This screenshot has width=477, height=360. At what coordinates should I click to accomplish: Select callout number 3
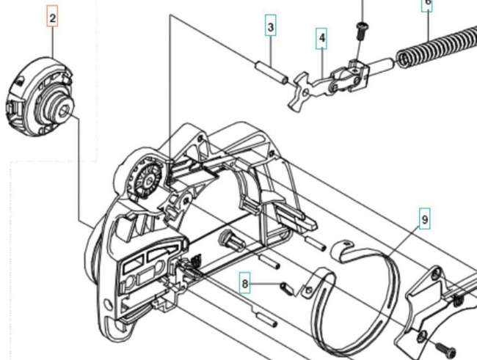[271, 29]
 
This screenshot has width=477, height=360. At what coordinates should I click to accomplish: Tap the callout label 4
[321, 38]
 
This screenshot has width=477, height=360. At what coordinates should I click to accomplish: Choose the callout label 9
[425, 218]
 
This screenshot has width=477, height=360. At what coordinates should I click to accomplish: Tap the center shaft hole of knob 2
[65, 111]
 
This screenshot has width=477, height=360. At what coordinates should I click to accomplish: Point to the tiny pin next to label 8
[287, 287]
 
